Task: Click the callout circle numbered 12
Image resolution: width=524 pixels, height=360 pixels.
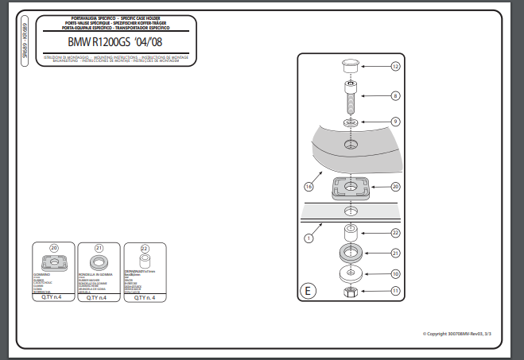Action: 395,67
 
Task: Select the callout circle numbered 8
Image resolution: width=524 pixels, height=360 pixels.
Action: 395,95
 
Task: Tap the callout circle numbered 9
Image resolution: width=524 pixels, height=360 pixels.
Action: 395,122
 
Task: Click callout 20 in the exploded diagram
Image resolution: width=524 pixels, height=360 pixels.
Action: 395,187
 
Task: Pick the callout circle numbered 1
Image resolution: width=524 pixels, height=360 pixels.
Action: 309,236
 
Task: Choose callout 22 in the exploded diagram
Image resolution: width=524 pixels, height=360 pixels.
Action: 395,233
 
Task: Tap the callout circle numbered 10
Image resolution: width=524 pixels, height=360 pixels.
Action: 395,274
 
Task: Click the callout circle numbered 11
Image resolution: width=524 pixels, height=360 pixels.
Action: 395,292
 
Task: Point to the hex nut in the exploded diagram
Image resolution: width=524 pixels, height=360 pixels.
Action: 350,292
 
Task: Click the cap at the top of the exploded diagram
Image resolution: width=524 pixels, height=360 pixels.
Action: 350,64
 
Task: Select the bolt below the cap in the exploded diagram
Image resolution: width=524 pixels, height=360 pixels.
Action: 350,98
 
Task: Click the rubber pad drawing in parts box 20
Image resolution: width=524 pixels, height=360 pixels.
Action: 54,265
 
